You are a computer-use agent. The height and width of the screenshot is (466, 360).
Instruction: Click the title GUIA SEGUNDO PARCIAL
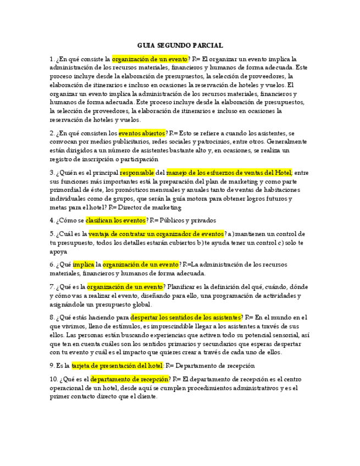[180, 46]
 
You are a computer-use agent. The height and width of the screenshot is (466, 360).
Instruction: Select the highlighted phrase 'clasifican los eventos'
[115, 220]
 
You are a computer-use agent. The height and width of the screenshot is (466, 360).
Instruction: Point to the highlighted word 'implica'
[84, 264]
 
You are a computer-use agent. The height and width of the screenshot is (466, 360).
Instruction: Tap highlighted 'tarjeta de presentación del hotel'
[117, 365]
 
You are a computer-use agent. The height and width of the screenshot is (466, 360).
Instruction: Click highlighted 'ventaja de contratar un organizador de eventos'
[152, 234]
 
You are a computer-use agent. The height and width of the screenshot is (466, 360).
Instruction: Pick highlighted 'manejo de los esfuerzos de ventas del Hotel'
[229, 173]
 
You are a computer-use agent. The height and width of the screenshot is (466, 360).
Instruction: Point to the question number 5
[51, 234]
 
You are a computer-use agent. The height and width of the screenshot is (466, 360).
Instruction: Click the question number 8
[51, 317]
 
